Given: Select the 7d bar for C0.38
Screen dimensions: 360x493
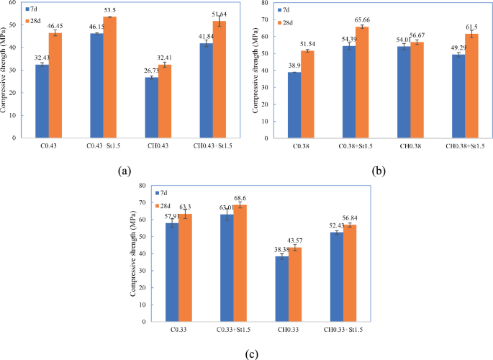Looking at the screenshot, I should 294,104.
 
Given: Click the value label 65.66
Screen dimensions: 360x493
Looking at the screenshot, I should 363,21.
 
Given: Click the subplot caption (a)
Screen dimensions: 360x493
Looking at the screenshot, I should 124,171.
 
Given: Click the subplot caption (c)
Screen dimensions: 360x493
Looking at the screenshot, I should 251,354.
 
